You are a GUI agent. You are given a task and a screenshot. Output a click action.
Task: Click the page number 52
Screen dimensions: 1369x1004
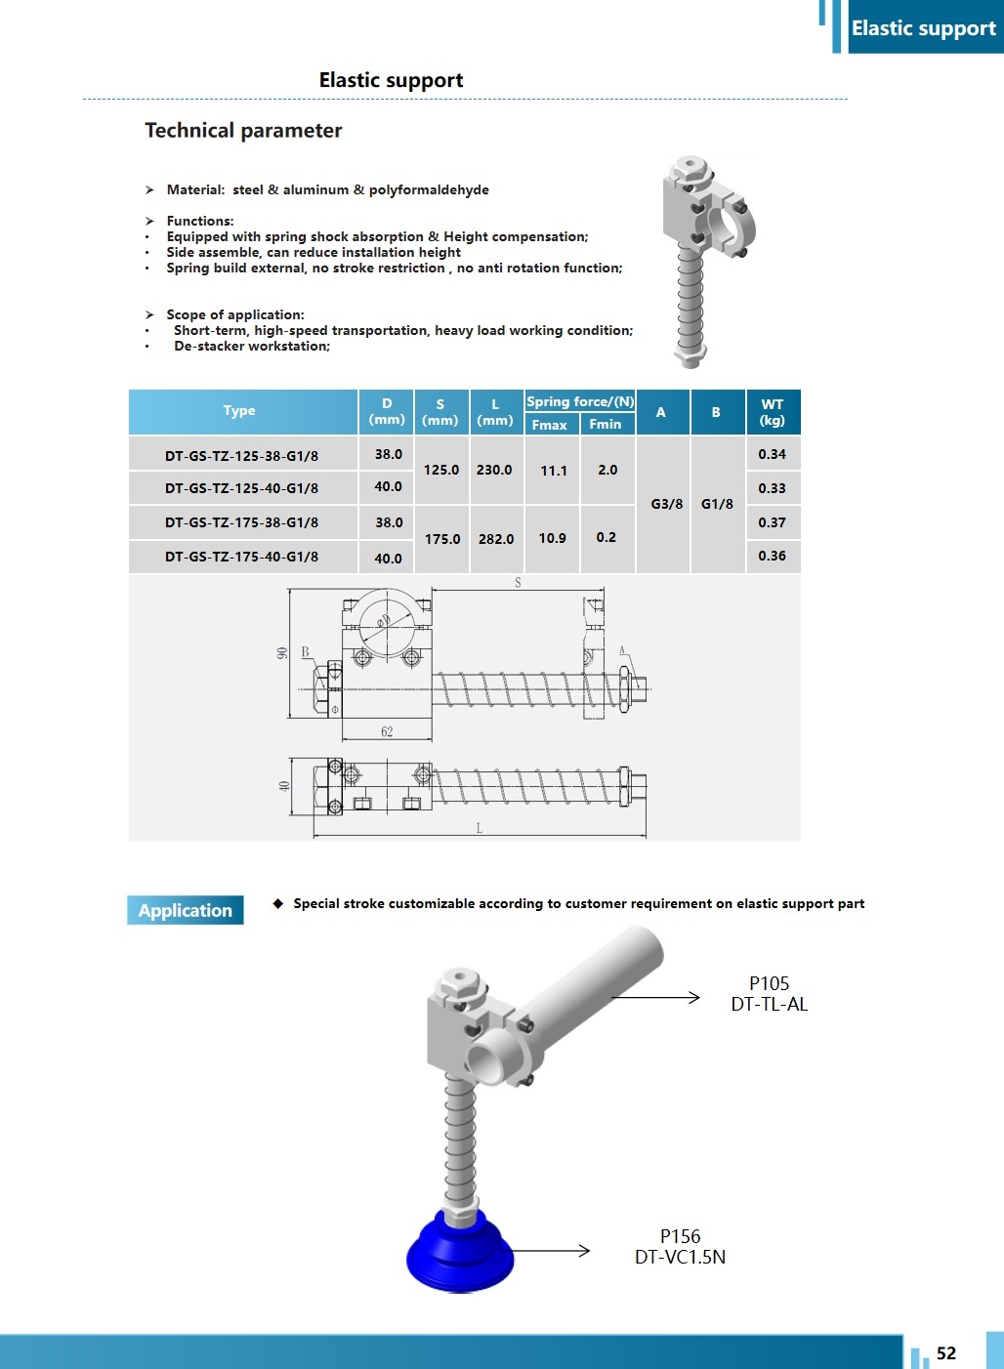(945, 1352)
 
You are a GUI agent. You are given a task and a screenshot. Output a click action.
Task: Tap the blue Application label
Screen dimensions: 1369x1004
(186, 910)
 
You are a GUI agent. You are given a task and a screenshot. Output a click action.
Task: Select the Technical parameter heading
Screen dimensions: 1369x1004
(243, 131)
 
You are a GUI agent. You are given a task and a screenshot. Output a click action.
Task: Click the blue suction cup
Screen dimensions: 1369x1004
(459, 1256)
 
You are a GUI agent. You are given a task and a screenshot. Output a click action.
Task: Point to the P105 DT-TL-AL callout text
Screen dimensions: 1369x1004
(770, 994)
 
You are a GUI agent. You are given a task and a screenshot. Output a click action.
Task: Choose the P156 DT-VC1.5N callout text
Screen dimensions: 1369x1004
(680, 1247)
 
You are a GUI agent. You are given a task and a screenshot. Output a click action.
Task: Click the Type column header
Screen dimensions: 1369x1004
(239, 411)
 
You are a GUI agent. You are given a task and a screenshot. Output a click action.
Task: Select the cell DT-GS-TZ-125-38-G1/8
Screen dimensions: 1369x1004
(241, 455)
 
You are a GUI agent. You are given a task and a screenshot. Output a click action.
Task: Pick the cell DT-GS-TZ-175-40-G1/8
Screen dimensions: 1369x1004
(241, 557)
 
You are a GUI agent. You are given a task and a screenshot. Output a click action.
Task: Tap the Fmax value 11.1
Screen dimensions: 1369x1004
(554, 471)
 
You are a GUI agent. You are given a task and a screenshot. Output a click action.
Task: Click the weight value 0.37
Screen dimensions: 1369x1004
(772, 522)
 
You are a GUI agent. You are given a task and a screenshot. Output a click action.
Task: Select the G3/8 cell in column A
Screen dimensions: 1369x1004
(667, 504)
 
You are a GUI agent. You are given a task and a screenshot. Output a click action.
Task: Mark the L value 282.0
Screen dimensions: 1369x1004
(496, 539)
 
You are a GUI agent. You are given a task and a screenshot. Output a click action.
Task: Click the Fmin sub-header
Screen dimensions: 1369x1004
(606, 424)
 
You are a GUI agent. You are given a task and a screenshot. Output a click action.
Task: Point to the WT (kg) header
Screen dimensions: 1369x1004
(773, 412)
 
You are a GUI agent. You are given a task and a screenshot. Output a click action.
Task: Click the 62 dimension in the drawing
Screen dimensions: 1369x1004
(387, 731)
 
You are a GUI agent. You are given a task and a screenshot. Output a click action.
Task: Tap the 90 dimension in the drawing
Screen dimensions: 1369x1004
(282, 653)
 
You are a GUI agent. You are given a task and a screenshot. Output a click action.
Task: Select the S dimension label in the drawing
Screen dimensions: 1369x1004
(518, 583)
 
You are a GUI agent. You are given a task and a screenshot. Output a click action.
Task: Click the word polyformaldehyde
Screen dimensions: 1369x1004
(429, 189)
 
